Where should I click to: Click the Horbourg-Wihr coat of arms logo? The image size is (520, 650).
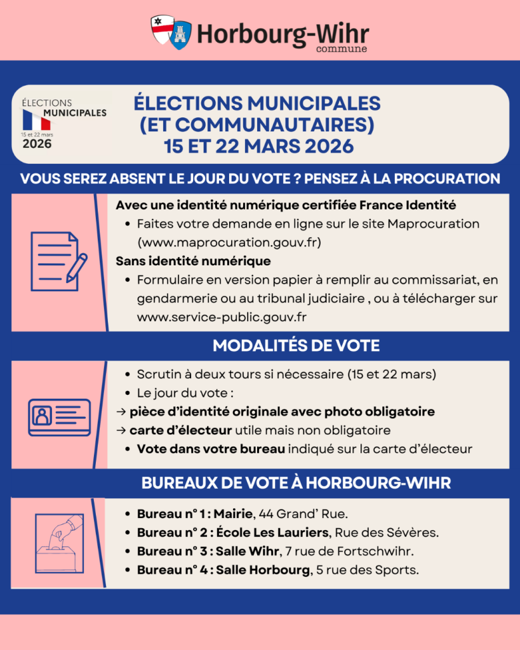(171, 31)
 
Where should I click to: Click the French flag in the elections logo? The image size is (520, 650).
(37, 119)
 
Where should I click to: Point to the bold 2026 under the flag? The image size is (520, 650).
(37, 144)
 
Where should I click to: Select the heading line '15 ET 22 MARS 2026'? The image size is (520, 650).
(258, 145)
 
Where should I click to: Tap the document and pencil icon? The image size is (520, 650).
(58, 262)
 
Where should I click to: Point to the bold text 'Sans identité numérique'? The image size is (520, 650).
(193, 260)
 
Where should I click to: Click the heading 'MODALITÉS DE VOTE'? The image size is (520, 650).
(296, 346)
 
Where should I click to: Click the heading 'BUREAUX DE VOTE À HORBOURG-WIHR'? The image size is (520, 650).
(296, 483)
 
